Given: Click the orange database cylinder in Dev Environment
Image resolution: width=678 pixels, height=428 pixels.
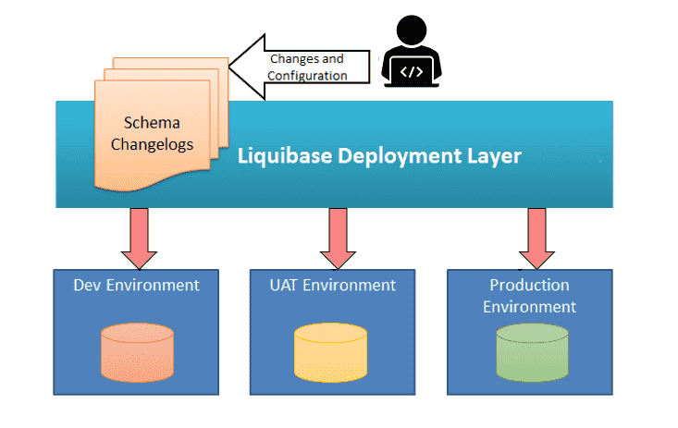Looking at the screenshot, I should (x=137, y=351).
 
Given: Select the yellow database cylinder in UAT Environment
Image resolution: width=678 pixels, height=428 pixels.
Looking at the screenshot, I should (x=330, y=351).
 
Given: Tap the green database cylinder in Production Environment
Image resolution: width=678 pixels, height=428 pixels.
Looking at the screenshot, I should (x=531, y=351).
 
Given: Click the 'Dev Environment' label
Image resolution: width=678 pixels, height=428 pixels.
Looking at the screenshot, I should (x=136, y=285).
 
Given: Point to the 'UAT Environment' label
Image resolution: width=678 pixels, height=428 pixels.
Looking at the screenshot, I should (x=327, y=285).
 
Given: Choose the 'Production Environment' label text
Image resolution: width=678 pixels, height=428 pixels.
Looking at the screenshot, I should (x=529, y=296).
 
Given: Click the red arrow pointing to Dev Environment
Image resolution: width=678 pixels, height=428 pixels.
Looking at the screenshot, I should (x=140, y=236).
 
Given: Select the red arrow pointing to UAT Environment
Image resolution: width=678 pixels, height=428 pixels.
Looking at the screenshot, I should (x=338, y=236).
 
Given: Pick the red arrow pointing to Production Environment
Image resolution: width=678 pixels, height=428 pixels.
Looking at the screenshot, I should (x=536, y=236).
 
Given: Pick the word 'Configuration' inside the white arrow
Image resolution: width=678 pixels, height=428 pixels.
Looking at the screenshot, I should (x=308, y=76).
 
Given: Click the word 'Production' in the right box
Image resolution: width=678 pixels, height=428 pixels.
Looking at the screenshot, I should (x=529, y=285).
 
